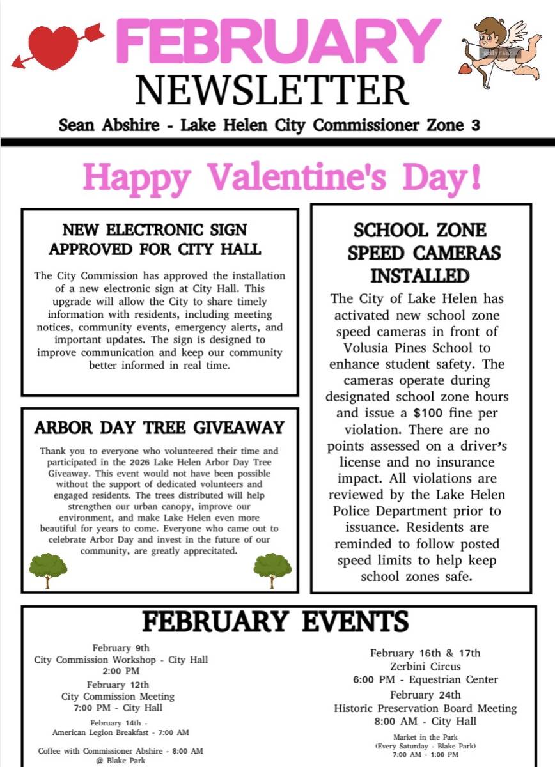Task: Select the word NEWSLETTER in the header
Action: coord(272,90)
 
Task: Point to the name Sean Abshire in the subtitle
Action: coord(109,125)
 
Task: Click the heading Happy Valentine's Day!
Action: coord(282,177)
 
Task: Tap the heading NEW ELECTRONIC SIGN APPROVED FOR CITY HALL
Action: coord(155,238)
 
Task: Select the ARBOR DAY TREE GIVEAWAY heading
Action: coord(159,428)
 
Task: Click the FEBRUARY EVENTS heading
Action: coord(275,621)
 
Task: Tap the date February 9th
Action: coord(121,648)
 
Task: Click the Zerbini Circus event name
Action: coord(425,667)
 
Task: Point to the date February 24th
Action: coord(425,695)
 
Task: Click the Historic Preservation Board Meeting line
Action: coord(425,708)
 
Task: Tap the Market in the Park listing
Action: coord(425,737)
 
